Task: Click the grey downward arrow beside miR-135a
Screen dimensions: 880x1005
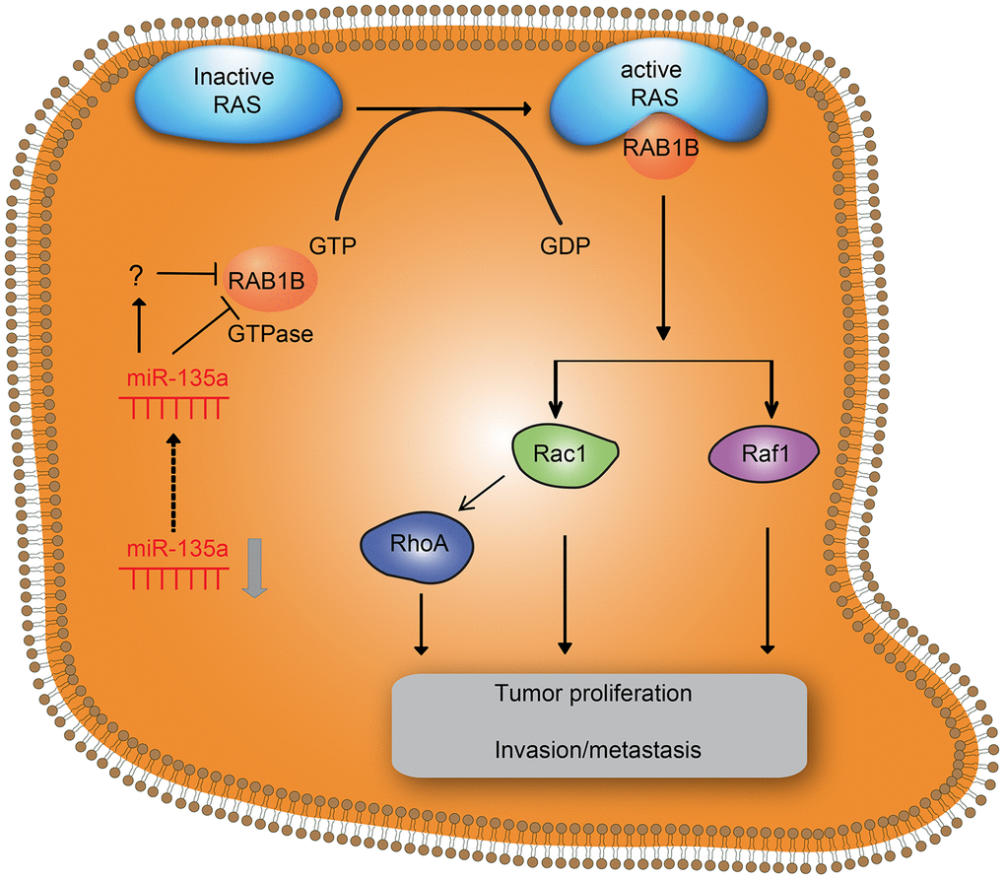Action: click(x=253, y=567)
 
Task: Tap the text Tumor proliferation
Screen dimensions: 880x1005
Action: click(x=593, y=693)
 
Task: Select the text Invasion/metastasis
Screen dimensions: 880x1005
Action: click(x=599, y=750)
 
